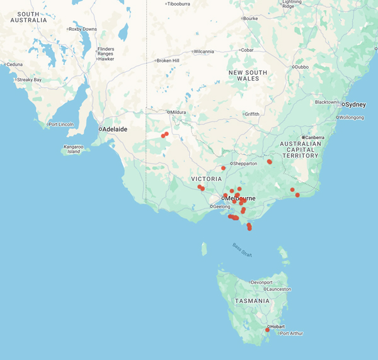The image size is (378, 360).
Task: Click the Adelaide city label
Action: (113, 129)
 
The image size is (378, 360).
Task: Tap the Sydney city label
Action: (356, 104)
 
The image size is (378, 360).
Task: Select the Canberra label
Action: (315, 137)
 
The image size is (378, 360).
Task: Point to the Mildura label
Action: (180, 112)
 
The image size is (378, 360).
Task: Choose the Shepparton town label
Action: (246, 164)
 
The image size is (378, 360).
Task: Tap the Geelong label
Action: (222, 206)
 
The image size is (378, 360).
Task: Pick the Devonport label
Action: (261, 283)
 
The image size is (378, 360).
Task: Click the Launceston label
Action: (278, 290)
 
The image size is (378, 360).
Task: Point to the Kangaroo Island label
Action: (74, 149)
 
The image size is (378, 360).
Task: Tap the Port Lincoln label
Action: (63, 124)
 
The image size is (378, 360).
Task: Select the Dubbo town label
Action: (303, 67)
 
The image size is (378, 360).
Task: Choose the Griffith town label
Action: (252, 114)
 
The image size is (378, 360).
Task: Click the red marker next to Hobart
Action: (268, 330)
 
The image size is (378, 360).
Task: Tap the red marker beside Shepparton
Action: (224, 168)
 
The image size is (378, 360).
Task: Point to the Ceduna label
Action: (14, 64)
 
